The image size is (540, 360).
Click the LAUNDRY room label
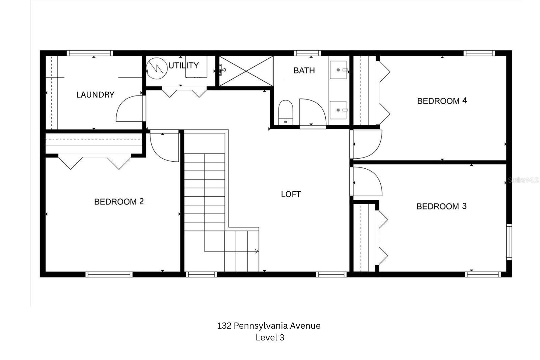click(95, 95)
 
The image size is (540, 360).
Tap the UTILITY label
click(184, 65)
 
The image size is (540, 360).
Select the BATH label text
click(304, 71)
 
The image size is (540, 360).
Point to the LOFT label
click(291, 194)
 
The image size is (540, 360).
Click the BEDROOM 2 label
click(119, 201)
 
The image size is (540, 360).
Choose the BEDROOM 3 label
click(441, 206)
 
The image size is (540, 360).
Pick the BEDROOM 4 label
click(442, 101)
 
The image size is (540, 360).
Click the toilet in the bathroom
click(286, 113)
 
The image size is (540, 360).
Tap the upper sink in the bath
click(338, 70)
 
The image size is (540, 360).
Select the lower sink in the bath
click(338, 110)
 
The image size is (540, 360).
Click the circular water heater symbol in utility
click(157, 68)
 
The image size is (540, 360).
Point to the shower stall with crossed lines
click(246, 71)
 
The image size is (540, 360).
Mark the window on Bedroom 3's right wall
click(509, 242)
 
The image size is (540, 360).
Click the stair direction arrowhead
click(257, 251)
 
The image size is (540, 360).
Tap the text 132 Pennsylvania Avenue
click(269, 326)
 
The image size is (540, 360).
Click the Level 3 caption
click(270, 337)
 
